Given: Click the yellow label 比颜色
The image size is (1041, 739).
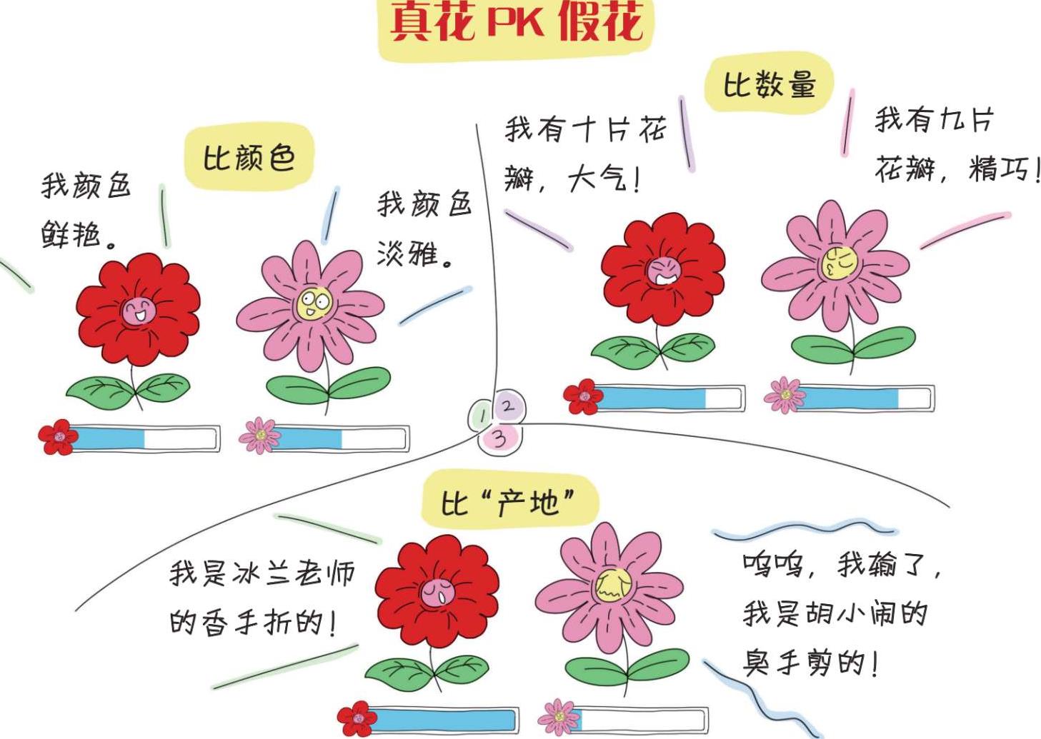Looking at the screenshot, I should (x=249, y=157).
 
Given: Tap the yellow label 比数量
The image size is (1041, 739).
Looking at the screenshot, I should (x=769, y=85).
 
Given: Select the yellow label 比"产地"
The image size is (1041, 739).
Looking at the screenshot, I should (x=508, y=503).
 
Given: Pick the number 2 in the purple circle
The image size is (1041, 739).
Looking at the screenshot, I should (x=508, y=406).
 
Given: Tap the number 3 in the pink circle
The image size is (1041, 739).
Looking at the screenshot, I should (x=500, y=437).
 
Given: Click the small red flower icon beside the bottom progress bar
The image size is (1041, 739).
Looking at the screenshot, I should (x=357, y=719).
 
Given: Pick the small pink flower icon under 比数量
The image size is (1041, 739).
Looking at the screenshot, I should (x=783, y=395).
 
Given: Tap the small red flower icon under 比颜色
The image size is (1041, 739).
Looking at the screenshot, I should (x=58, y=437).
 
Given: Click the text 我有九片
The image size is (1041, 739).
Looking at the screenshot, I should (x=934, y=119).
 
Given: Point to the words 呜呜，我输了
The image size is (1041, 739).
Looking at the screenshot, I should (x=842, y=565).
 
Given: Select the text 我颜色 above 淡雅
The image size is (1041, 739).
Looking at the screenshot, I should (x=424, y=204).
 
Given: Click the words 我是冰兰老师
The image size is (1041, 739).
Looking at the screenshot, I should (x=262, y=573).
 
